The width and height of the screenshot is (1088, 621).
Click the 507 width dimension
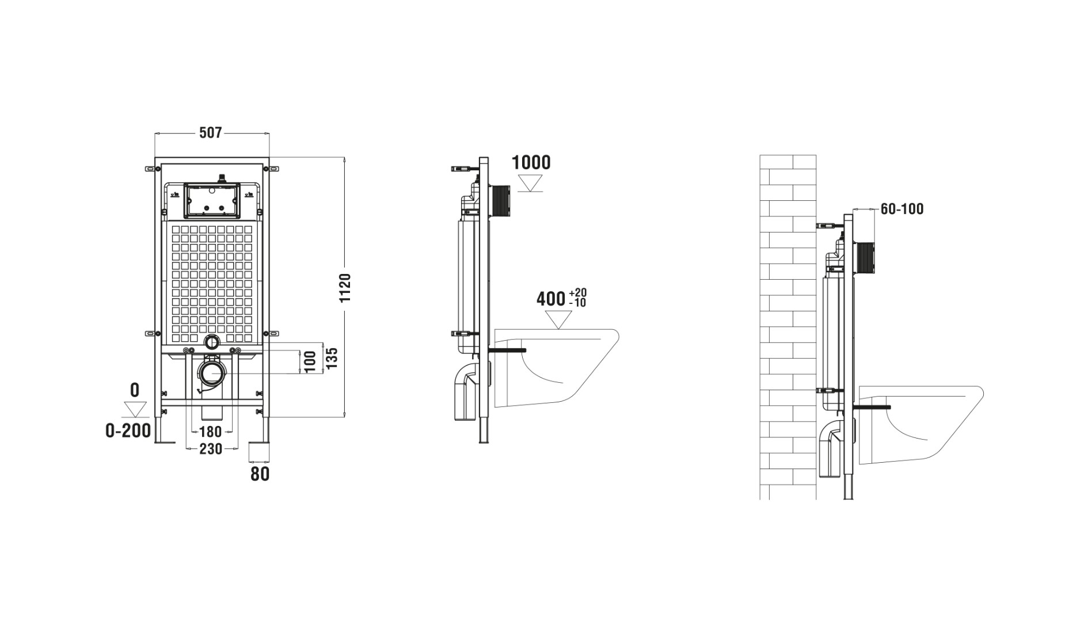[210, 133]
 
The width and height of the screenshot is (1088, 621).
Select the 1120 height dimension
[345, 288]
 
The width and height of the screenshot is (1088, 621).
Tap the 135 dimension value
[332, 359]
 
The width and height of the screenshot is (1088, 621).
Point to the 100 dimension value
[310, 361]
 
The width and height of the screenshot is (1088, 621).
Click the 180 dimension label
[210, 432]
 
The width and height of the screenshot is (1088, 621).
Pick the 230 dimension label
[211, 449]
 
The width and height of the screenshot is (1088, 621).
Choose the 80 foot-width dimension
[260, 474]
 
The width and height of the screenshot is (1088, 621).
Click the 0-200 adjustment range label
[128, 430]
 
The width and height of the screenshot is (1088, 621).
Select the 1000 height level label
[531, 162]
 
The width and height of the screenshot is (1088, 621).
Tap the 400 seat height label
[551, 299]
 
